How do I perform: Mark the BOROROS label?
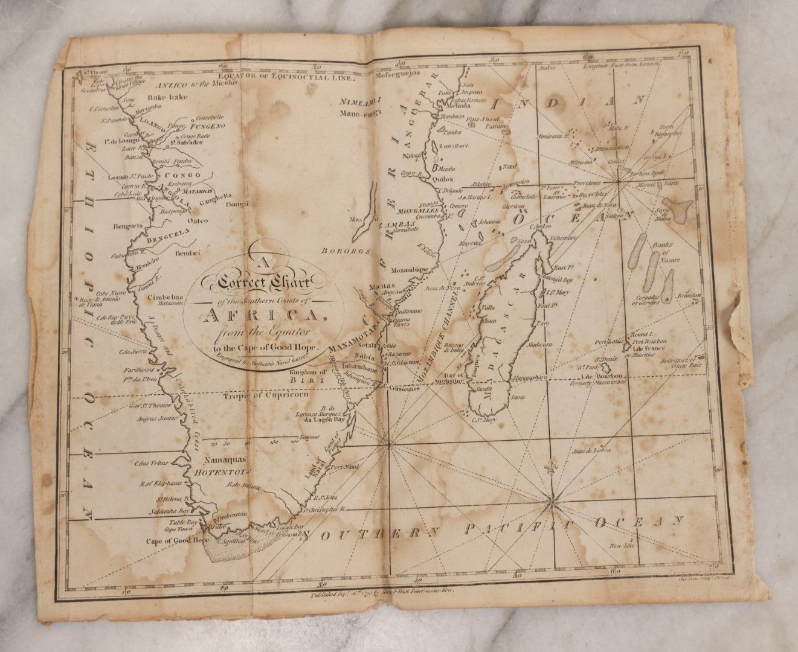coord(339,251)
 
